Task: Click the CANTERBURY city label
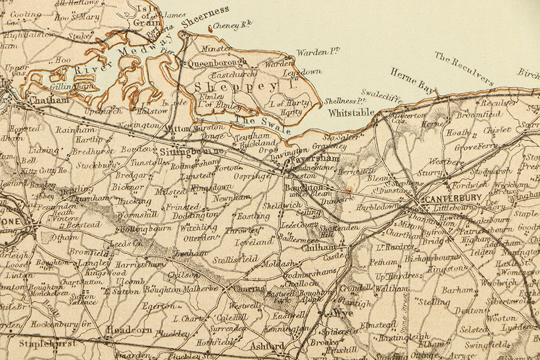tap(453, 199)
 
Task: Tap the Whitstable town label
tap(352, 112)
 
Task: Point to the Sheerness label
tap(205, 17)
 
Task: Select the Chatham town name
tap(49, 100)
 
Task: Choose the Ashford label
tap(267, 345)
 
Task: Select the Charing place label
tap(249, 289)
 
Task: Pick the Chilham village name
tap(311, 247)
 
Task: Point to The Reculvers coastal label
tap(464, 69)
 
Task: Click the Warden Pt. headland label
tap(318, 52)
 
